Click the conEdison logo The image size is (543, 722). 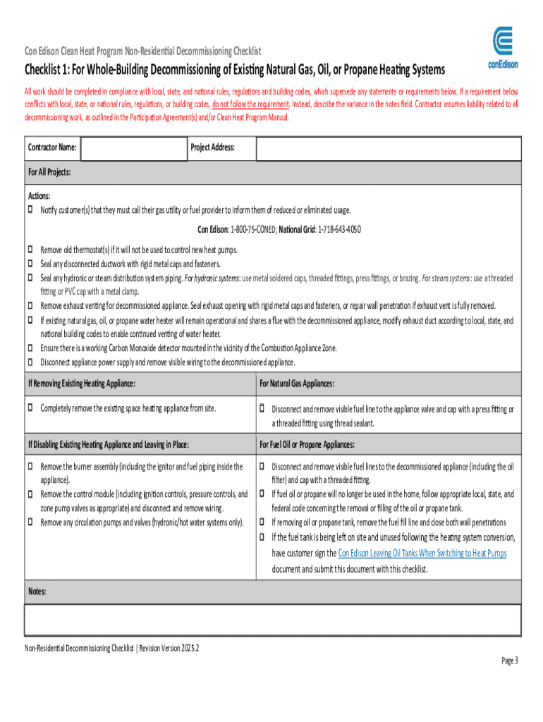point(504,48)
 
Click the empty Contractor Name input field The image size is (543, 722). point(132,148)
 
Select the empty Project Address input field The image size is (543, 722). point(388,148)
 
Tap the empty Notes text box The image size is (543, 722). point(272,620)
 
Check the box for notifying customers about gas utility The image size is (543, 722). point(30,210)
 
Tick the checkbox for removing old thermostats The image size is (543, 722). point(30,250)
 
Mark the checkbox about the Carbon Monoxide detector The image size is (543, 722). point(30,348)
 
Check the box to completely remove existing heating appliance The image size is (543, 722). point(30,408)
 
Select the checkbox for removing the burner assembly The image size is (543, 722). point(30,466)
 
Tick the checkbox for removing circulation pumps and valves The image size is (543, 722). point(30,522)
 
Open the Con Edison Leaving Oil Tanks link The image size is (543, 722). point(422,553)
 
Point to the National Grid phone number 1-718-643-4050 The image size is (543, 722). point(340,230)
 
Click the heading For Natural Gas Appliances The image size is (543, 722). point(297,384)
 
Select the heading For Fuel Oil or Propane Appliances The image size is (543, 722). point(307,445)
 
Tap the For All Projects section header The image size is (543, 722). point(49,173)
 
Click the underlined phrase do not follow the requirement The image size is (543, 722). point(251,104)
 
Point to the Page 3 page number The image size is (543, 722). point(510,661)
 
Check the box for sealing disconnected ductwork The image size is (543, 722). point(30,264)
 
